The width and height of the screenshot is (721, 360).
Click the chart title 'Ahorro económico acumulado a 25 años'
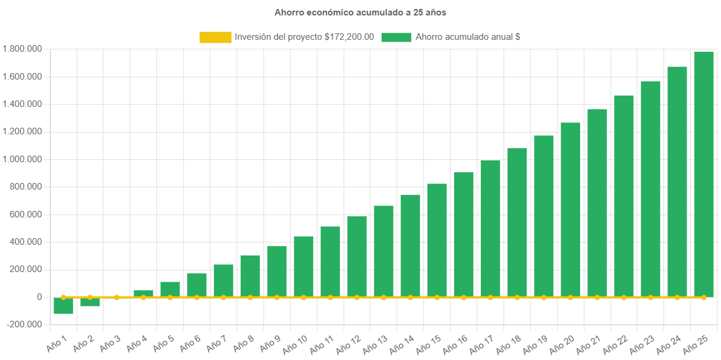tap(360, 12)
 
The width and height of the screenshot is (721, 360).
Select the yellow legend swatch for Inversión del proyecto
tap(215, 37)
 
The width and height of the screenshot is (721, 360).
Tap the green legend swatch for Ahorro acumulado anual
tap(396, 37)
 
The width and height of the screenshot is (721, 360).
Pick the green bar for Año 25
tap(704, 172)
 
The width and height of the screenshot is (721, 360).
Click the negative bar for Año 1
tap(63, 306)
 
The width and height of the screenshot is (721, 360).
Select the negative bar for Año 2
tap(90, 302)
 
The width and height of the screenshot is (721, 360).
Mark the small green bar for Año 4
tap(143, 293)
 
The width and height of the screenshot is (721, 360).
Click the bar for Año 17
tap(490, 228)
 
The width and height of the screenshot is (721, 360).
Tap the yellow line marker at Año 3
tap(117, 297)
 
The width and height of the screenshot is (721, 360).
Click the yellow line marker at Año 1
tap(63, 297)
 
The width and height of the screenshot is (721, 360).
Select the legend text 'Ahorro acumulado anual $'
tap(468, 37)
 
